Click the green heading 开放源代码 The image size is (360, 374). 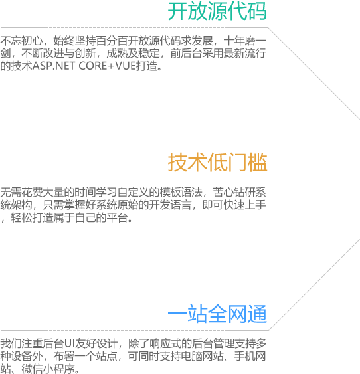pos(217,11)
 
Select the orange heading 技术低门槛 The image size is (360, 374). pos(217,163)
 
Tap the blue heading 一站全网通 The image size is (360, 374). pos(217,314)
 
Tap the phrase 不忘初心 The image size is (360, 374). pos(21,41)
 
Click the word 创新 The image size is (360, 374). pos(86,53)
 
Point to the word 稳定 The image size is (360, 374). pos(149,53)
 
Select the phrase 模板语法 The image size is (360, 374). pos(181,192)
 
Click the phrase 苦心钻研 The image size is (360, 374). pos(234,192)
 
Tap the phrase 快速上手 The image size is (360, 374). pos(245,205)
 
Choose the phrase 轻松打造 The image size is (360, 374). pos(32,217)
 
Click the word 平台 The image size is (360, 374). pos(118,217)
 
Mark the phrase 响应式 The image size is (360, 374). pos(165,343)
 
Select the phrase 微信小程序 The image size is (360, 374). pos(48,369)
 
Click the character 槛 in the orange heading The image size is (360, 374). pos(257,163)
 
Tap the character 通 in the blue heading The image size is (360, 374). pos(257,314)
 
